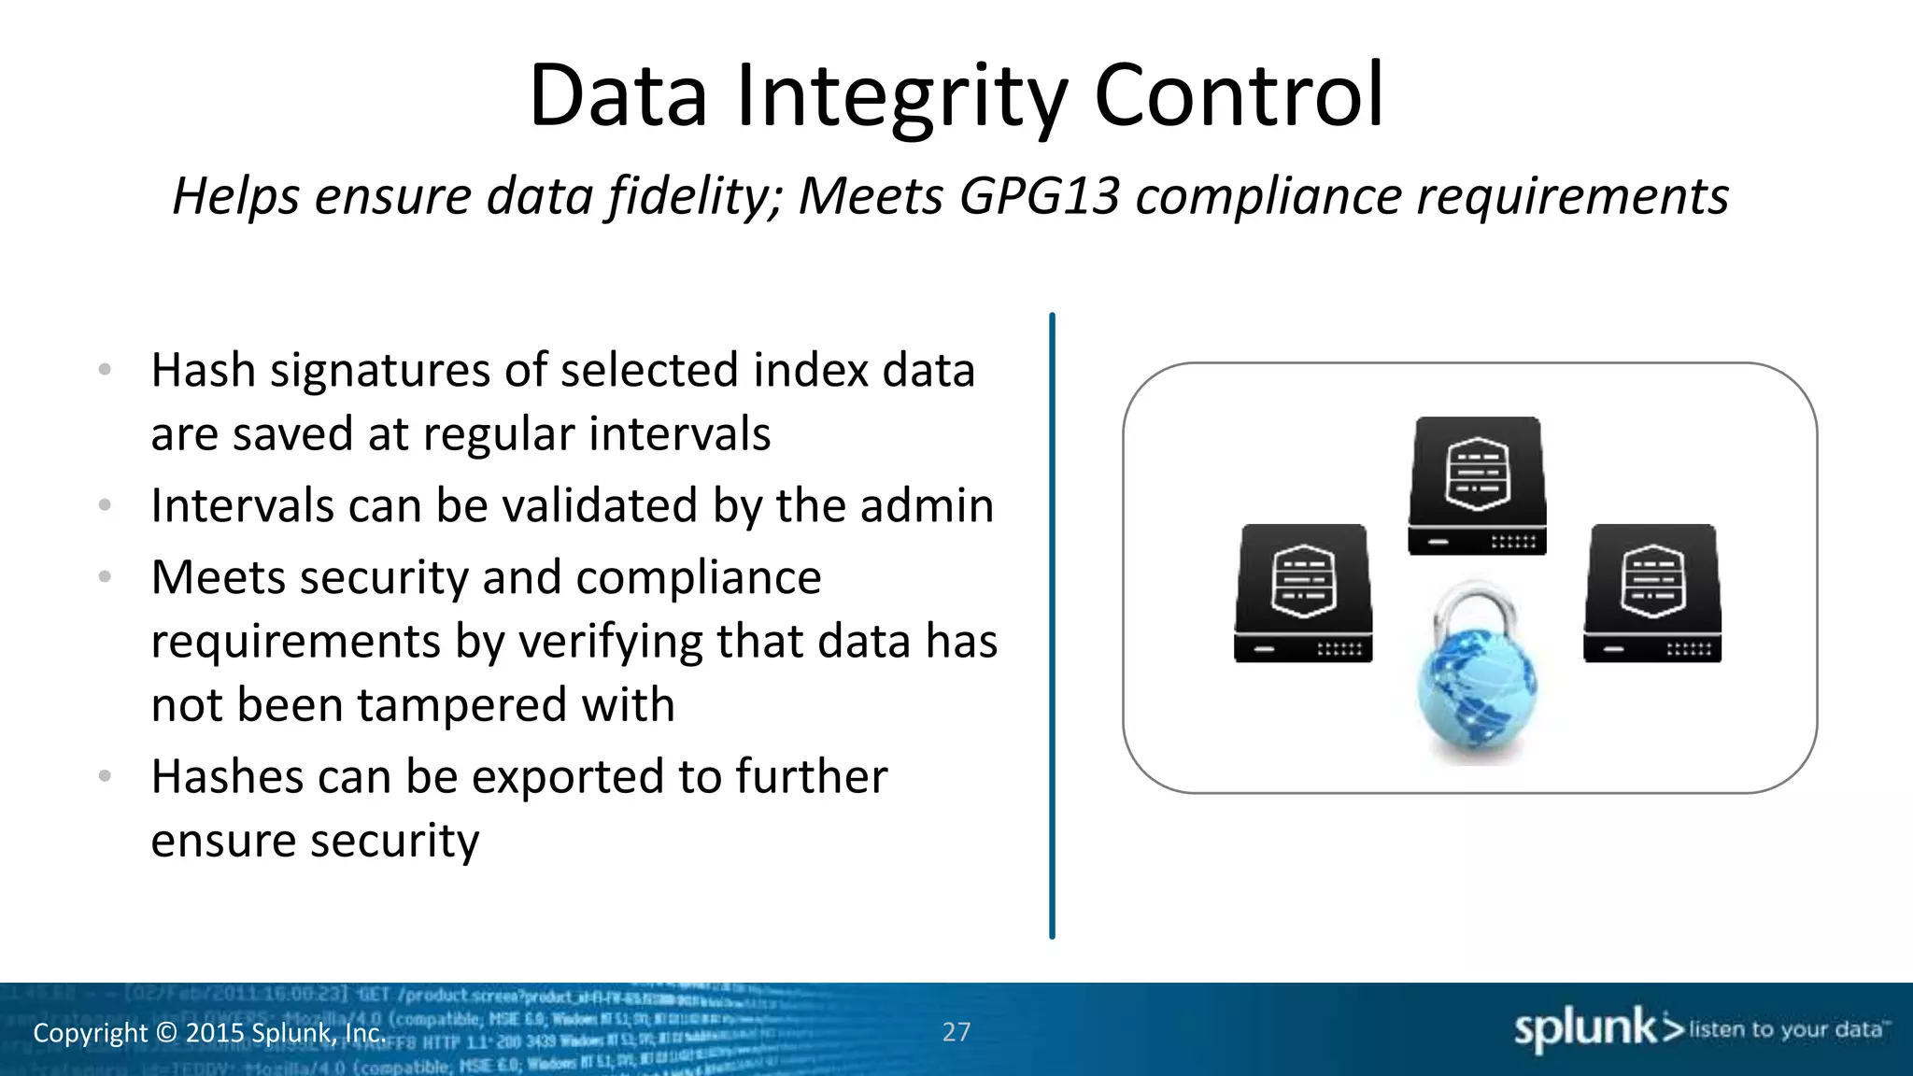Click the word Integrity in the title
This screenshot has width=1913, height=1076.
(x=901, y=96)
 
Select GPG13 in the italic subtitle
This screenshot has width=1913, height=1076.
(x=1039, y=196)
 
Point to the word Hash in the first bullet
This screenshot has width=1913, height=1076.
(x=204, y=370)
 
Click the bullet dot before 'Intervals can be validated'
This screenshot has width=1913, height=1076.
(x=105, y=505)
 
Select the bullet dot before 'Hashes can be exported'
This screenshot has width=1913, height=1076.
(x=105, y=775)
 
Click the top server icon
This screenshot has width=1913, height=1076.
(x=1477, y=486)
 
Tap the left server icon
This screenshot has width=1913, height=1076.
(x=1303, y=594)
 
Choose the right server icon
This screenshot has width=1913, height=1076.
(x=1652, y=594)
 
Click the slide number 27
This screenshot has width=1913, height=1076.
(x=956, y=1032)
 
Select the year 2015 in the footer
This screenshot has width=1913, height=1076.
(x=216, y=1033)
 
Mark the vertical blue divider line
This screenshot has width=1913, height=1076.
(x=1052, y=626)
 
